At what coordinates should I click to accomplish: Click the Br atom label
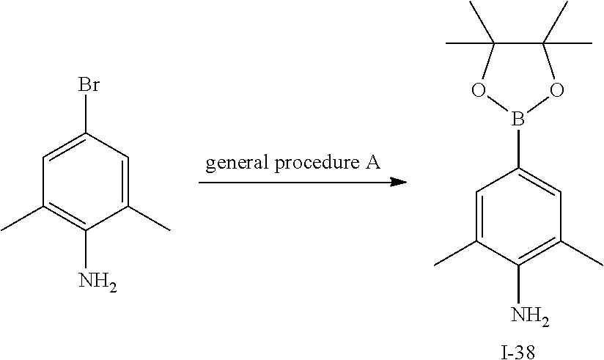tap(88, 84)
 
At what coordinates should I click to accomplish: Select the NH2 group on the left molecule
tap(97, 281)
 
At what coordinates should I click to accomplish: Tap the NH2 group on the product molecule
tap(530, 316)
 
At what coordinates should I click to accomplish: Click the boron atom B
tap(518, 120)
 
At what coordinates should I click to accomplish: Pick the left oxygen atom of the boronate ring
tap(479, 90)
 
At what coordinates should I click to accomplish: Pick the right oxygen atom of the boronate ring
tap(557, 90)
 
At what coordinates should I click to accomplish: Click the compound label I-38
tap(518, 352)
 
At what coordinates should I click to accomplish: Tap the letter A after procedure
tap(372, 162)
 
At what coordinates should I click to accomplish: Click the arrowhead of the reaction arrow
tap(399, 182)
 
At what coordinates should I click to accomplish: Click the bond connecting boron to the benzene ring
tap(518, 148)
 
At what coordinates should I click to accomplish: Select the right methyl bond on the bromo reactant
tap(149, 218)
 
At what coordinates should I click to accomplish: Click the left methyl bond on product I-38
tap(455, 253)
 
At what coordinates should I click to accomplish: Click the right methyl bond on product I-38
tap(582, 253)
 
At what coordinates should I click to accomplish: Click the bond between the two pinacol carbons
tap(518, 43)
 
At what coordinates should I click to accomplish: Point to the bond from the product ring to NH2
tap(518, 284)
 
